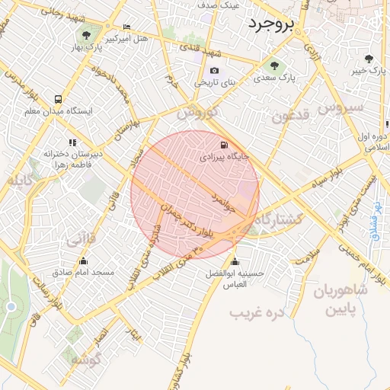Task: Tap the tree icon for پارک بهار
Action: click(x=87, y=36)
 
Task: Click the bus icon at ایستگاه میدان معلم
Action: click(x=59, y=100)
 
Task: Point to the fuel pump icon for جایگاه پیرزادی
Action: click(x=222, y=145)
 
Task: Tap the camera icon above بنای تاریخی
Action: click(x=214, y=71)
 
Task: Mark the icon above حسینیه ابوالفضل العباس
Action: click(x=235, y=261)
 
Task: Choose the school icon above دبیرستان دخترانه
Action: click(x=72, y=142)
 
